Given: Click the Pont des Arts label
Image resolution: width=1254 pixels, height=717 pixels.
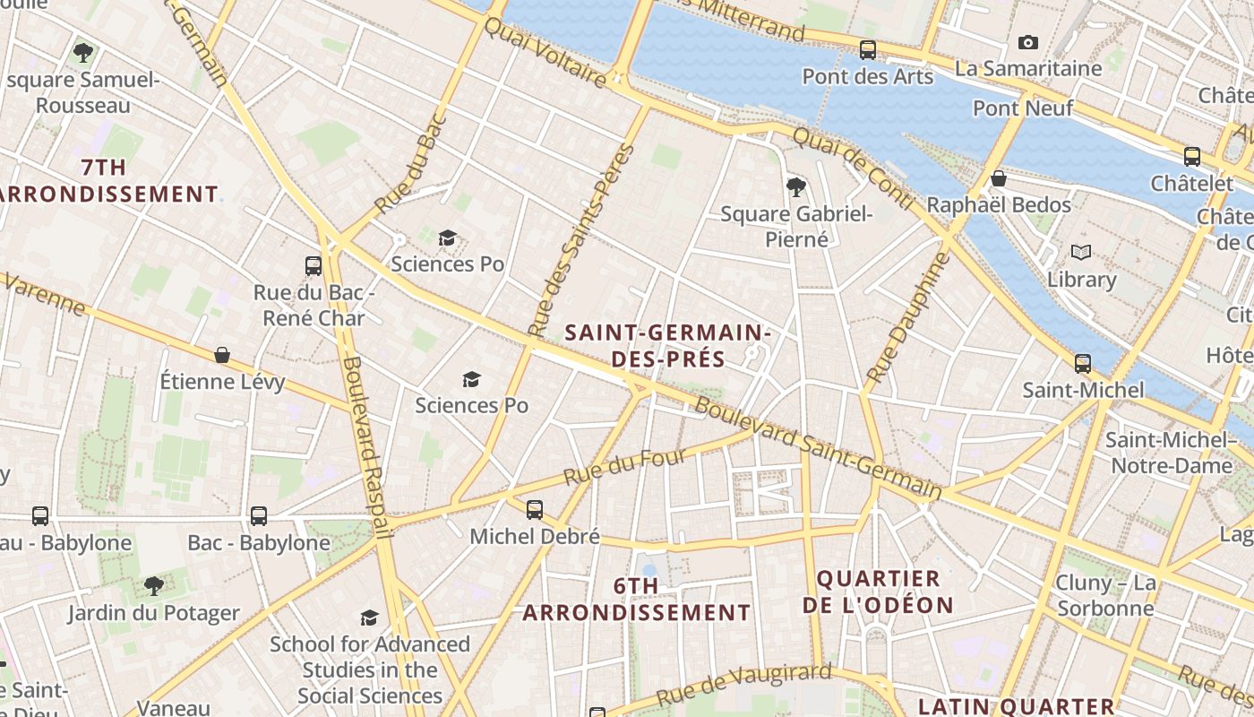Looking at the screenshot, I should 867,76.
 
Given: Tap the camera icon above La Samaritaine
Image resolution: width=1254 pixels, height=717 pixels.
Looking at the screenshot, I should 1027,42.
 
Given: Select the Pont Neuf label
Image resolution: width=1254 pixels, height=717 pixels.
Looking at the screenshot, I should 1022,108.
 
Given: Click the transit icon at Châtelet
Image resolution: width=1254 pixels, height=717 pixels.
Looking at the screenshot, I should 1191,157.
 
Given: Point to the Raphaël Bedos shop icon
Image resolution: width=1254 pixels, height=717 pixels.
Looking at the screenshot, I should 998,179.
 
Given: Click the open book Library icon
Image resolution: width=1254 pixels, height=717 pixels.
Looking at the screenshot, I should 1081,253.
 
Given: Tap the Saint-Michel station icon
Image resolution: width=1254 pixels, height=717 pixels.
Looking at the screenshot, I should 1082,364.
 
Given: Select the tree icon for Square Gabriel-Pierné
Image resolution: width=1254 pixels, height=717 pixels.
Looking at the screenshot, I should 794,186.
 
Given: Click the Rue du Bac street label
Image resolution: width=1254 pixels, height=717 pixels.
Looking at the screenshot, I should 410,163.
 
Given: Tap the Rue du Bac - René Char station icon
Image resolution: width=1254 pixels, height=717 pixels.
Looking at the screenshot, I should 313,266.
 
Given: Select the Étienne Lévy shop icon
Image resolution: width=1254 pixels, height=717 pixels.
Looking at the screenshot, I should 221,356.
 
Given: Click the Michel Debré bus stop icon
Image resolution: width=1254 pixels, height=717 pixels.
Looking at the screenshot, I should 534,510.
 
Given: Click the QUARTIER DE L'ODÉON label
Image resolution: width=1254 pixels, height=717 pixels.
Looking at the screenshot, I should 878,592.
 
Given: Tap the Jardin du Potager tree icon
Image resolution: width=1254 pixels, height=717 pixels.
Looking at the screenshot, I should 153,586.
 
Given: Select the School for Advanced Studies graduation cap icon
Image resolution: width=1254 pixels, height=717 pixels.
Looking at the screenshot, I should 369,618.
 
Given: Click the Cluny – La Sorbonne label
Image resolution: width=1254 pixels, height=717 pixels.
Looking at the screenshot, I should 1105,596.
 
